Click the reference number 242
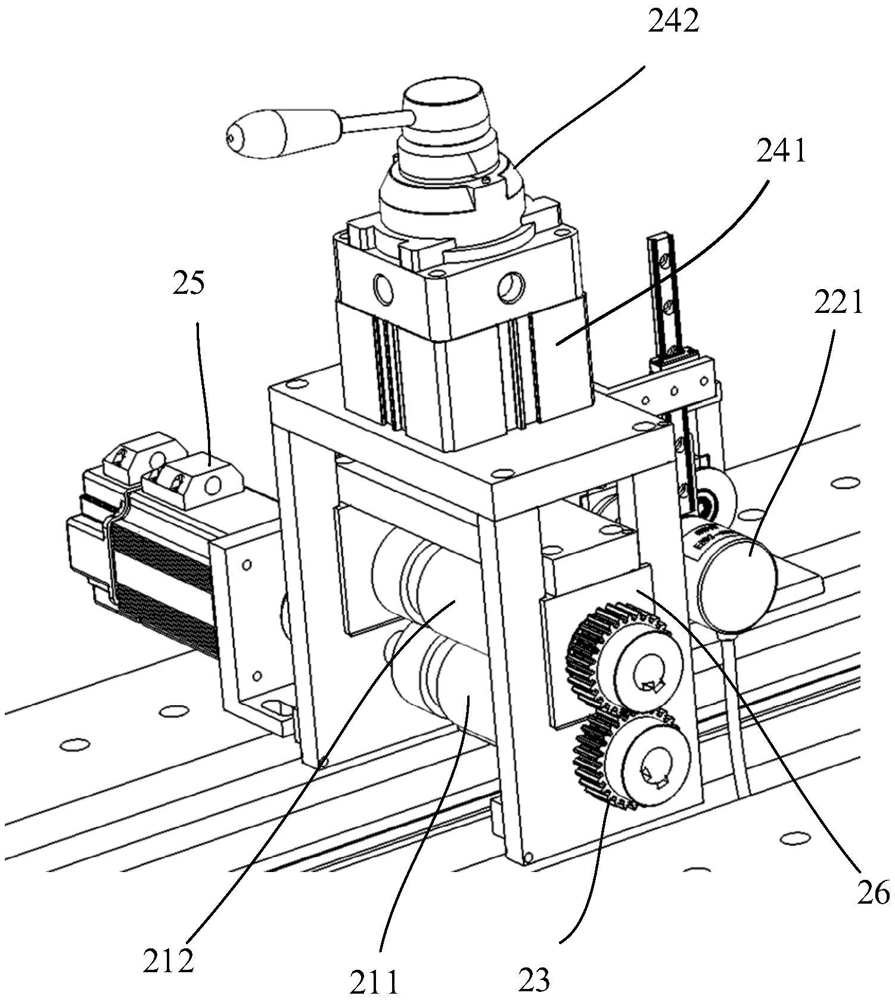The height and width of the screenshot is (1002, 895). click(x=673, y=23)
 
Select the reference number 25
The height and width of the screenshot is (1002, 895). click(x=189, y=283)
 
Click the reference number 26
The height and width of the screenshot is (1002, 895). click(x=873, y=893)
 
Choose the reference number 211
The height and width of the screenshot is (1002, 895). click(x=373, y=982)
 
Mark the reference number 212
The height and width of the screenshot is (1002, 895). click(x=168, y=961)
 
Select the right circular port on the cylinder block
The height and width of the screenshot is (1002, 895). click(x=512, y=286)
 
